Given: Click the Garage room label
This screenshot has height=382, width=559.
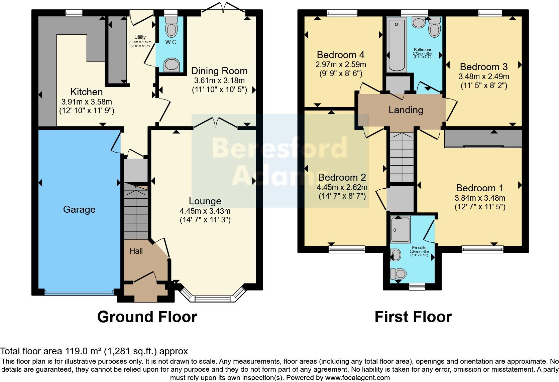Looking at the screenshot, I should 79,209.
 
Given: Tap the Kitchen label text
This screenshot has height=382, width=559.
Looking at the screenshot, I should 86,92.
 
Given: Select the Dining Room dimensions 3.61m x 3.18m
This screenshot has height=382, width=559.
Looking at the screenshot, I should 219,80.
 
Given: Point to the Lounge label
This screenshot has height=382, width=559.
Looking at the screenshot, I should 205,201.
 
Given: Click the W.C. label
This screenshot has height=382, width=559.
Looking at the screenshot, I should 171,42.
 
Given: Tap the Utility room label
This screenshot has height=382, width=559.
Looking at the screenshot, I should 140,37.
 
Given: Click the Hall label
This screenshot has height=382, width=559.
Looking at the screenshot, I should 136,251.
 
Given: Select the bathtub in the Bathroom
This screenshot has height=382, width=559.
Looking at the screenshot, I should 396,45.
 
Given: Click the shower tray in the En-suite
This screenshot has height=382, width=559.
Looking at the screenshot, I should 401,229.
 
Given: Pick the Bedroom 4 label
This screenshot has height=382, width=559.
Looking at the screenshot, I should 341,55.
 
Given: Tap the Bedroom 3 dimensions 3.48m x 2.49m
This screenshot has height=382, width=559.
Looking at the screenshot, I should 484,76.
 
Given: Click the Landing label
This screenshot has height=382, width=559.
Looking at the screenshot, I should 406,110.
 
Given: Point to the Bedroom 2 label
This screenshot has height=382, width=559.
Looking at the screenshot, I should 342,177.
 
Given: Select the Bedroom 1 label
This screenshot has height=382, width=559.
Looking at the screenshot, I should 480,188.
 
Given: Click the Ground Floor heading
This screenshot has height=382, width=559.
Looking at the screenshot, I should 147,317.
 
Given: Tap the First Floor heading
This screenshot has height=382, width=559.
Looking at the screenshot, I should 413,317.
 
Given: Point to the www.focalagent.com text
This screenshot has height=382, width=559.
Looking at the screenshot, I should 357,378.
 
